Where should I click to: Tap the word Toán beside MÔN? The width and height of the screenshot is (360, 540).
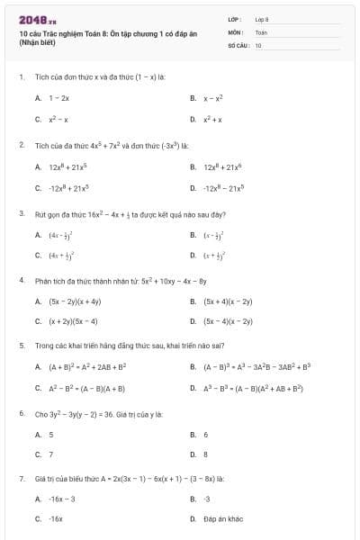(x=261, y=31)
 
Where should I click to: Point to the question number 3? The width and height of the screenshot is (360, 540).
(x=21, y=214)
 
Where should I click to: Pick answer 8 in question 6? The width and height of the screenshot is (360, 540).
(x=206, y=455)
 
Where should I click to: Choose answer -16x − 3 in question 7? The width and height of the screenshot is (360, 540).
(x=62, y=499)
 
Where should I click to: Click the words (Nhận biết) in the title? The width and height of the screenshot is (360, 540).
(x=38, y=44)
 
